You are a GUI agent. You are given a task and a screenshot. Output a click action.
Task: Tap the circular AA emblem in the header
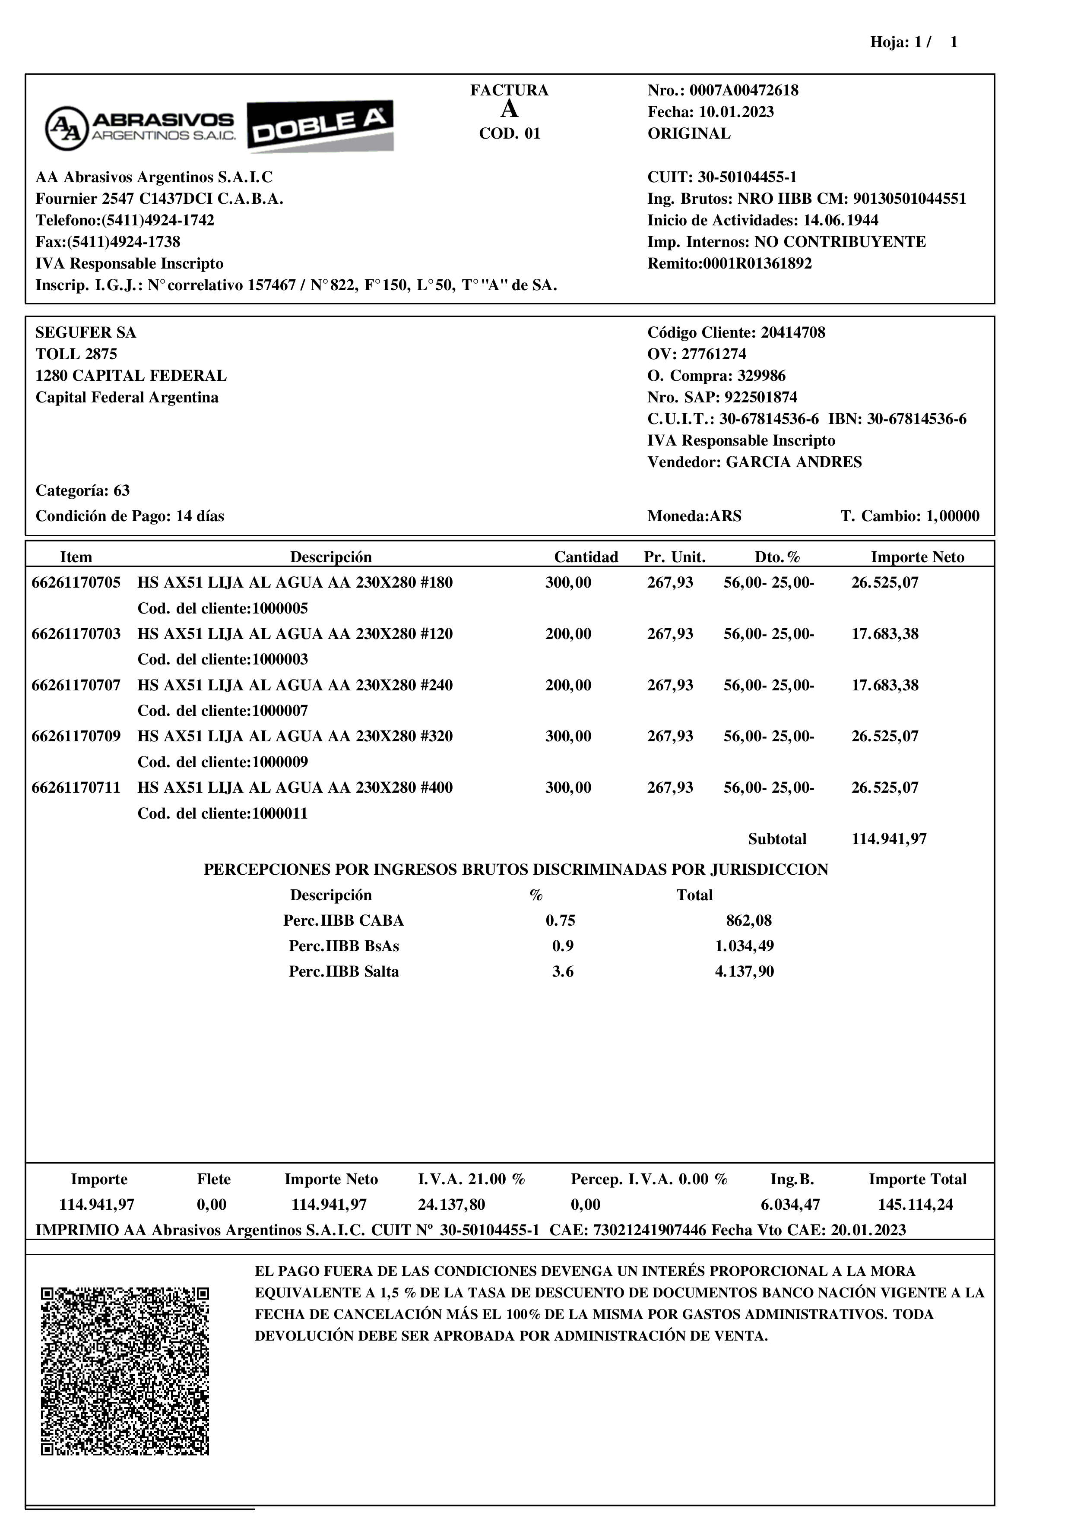coord(66,128)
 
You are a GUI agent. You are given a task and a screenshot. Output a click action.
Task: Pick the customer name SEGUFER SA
coord(86,332)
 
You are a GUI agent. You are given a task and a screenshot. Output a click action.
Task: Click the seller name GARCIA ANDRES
coord(794,462)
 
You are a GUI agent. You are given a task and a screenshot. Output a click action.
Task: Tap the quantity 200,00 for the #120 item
coord(568,634)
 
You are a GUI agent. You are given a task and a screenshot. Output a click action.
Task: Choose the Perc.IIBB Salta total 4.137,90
coord(745,972)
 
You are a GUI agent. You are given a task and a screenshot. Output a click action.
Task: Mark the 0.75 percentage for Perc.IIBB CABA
coord(560,920)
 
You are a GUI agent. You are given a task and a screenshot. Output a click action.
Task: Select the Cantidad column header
coord(586,557)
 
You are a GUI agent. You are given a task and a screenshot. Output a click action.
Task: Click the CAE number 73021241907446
coord(650,1230)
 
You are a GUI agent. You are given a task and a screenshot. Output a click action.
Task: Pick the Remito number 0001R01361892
coord(757,264)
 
